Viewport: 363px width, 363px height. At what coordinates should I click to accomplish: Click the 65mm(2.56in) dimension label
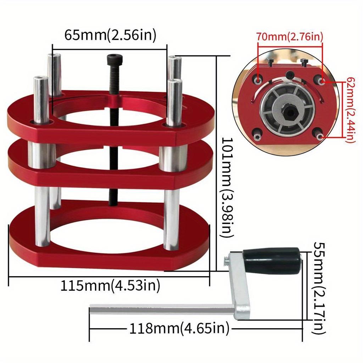coord(110,35)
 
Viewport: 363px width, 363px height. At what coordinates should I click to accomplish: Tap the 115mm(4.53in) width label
coord(110,285)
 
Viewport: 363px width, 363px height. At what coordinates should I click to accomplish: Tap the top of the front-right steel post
coord(175,82)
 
